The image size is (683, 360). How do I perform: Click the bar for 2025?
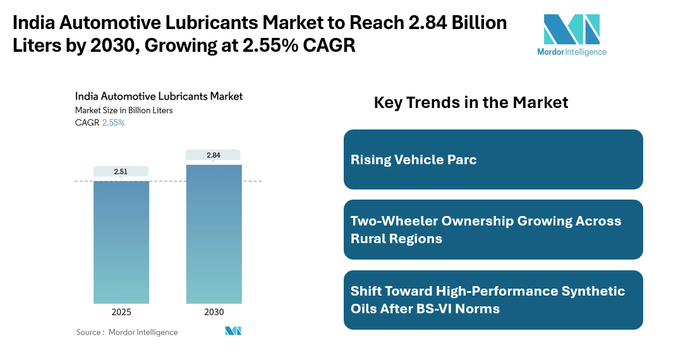pos(121,242)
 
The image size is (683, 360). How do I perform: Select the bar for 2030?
pos(214,234)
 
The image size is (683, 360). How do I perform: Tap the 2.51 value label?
pos(121,171)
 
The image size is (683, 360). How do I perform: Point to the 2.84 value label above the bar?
pos(214,155)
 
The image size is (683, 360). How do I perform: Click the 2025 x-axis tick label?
pos(121,312)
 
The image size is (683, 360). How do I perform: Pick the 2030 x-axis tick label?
pos(214,312)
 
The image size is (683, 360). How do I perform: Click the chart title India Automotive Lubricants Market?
pos(159,97)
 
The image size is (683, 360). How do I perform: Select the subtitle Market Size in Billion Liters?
pos(124,110)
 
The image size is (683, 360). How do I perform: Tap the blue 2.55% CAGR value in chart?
pos(113,123)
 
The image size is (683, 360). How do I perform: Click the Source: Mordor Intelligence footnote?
pos(127,332)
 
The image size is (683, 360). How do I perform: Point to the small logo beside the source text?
pos(233,331)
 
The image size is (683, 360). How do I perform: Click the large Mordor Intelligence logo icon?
pos(571,28)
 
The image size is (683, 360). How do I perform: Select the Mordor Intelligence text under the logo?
pos(571,52)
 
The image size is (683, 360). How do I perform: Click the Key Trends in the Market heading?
pos(471,102)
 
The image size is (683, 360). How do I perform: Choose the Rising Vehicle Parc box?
pos(493,159)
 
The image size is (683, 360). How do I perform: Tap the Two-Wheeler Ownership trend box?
pos(493,230)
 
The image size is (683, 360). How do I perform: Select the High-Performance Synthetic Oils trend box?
pos(493,300)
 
